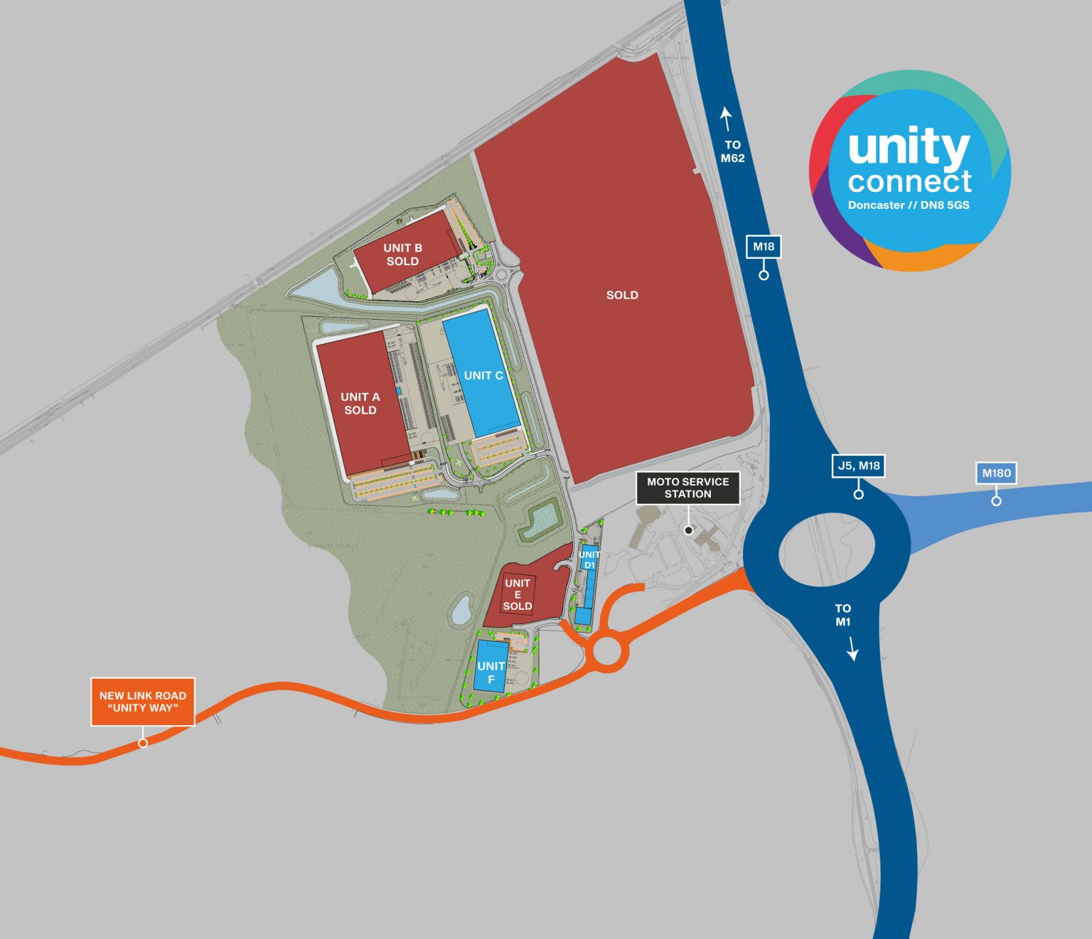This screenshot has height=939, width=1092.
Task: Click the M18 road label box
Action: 764,247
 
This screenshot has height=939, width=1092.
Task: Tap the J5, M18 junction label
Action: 859,466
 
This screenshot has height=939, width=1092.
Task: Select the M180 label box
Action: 996,473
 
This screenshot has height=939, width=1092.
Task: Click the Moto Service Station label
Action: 687,488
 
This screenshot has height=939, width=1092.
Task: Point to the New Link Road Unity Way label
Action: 143,702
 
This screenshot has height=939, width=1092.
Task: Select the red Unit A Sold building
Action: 360,404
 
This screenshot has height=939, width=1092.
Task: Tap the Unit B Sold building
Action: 403,254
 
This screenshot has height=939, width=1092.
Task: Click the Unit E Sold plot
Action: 518,594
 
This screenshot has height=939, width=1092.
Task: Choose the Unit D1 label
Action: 589,559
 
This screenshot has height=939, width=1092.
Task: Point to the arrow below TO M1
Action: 852,649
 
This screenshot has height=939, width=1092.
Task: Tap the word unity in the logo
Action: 909,148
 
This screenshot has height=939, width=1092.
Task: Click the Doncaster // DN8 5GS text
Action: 909,205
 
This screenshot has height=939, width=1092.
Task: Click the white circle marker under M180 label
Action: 996,501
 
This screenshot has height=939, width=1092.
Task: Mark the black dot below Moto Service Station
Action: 688,530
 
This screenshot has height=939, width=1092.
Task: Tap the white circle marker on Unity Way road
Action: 143,743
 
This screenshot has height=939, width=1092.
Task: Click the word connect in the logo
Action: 909,181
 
